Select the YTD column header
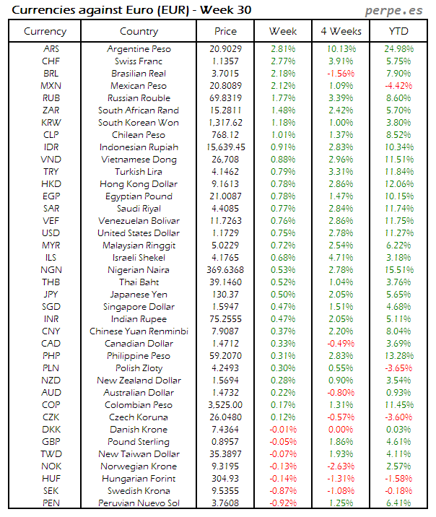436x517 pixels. tap(399, 31)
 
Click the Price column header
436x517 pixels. tap(226, 31)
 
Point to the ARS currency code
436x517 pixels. tap(51, 49)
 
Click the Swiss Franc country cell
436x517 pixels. tap(139, 61)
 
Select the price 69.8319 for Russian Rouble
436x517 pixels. tap(226, 98)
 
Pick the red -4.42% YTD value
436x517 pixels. tap(399, 86)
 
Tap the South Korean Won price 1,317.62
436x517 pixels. tap(226, 123)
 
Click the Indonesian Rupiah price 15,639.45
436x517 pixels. tap(226, 147)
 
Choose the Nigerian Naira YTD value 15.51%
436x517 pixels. tap(399, 270)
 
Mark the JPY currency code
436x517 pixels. tap(51, 295)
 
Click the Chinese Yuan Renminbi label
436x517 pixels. tap(139, 331)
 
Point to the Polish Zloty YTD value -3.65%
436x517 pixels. tap(399, 368)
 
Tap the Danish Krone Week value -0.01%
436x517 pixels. tap(282, 430)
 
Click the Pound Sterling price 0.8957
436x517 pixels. tap(226, 442)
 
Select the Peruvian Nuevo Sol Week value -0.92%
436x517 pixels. tap(282, 503)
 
